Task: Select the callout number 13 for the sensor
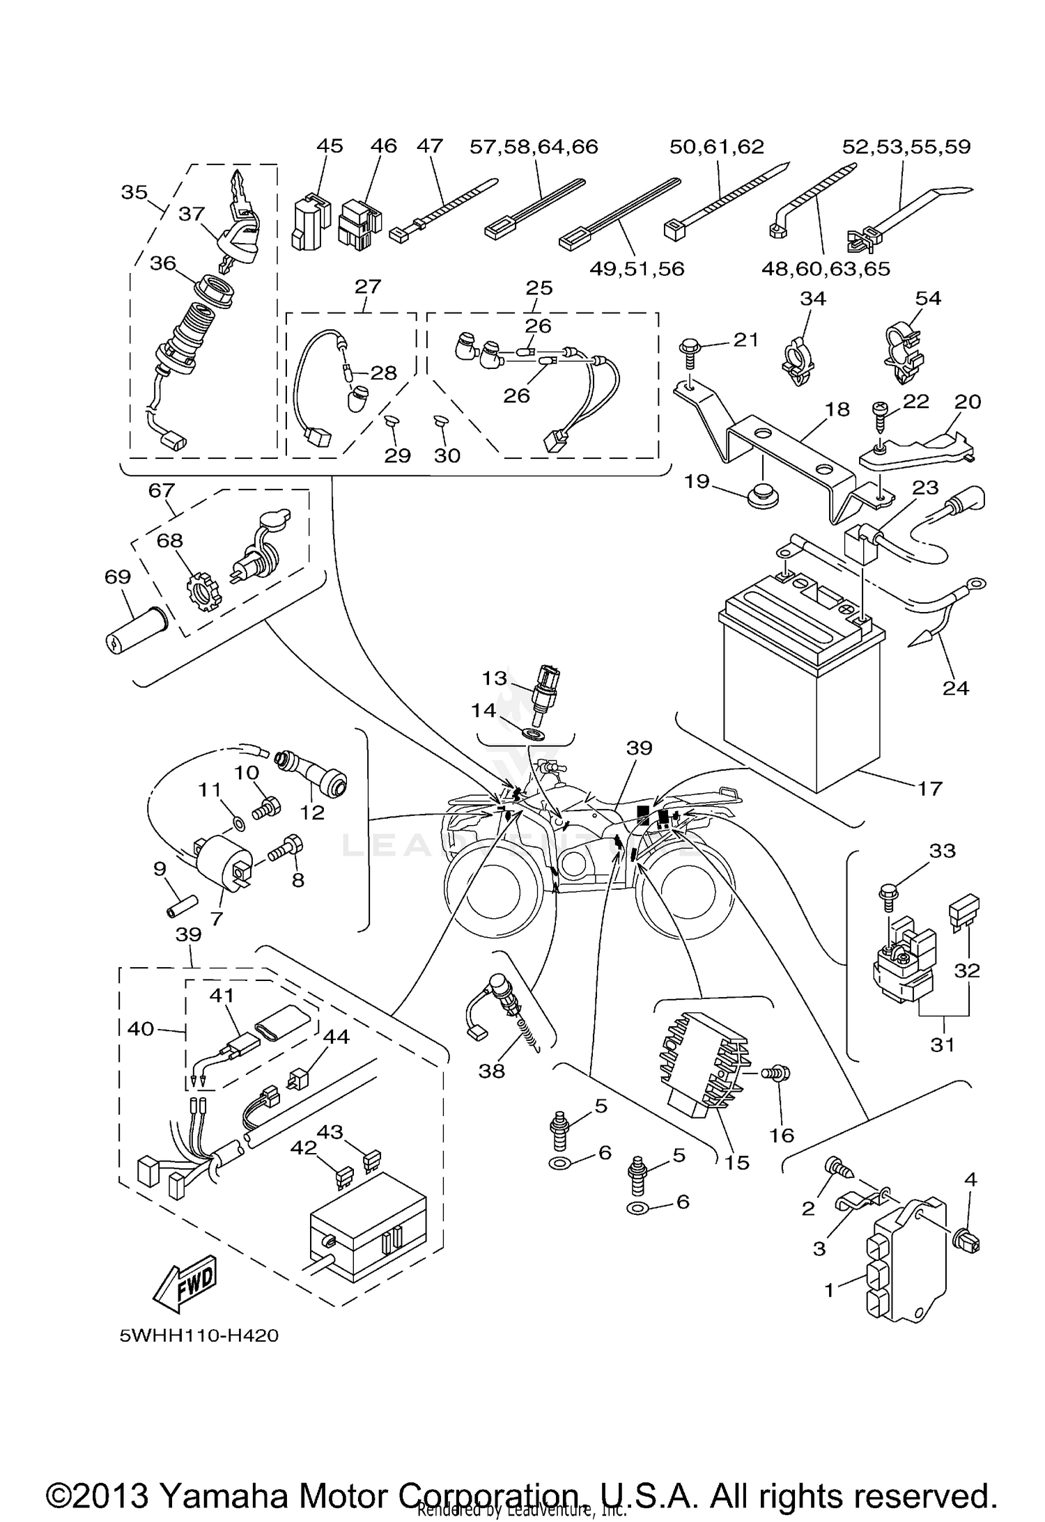(x=495, y=677)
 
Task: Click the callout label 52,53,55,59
(x=906, y=147)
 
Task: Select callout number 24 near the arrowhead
(x=955, y=688)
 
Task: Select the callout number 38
(x=491, y=1071)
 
